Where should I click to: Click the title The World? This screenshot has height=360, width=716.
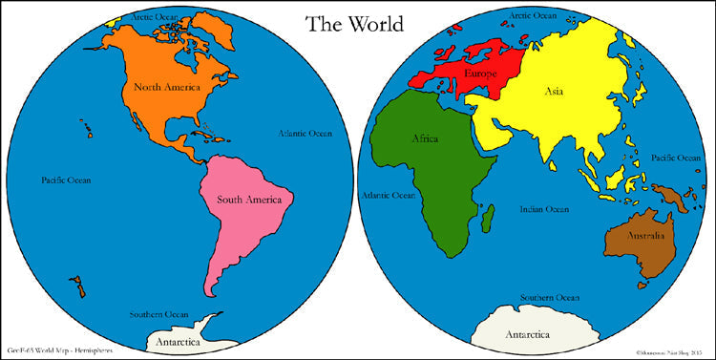[x=354, y=24]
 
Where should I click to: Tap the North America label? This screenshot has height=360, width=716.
[x=167, y=87]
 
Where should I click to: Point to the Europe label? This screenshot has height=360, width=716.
[x=480, y=73]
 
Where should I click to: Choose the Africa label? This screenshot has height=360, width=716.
[x=425, y=138]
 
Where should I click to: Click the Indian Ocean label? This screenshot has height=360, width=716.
[x=544, y=209]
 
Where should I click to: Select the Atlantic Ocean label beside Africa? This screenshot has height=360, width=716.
[x=388, y=195]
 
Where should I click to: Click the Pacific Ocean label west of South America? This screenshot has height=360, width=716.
[x=67, y=180]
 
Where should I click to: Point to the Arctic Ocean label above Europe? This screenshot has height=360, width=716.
[x=533, y=16]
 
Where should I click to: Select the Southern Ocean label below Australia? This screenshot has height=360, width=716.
[x=548, y=298]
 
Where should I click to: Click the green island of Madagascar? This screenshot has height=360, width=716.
[x=489, y=221]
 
